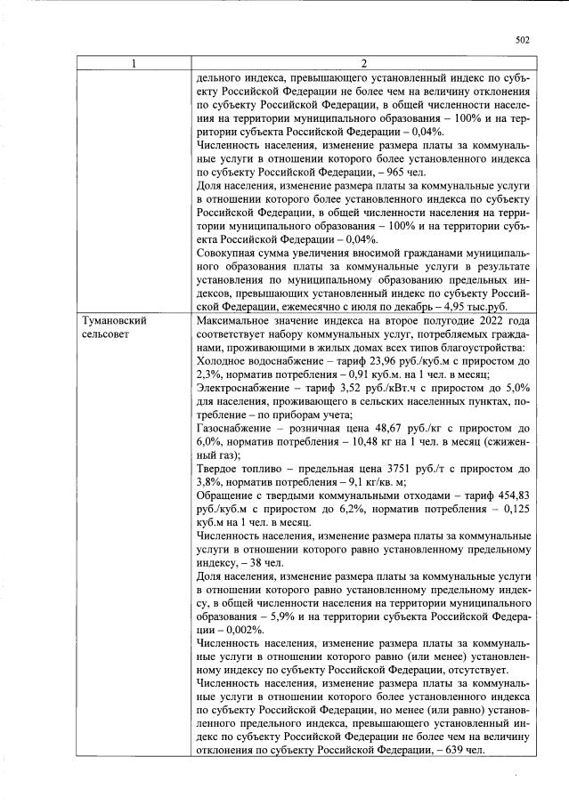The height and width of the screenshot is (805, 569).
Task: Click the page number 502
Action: pyautogui.click(x=523, y=39)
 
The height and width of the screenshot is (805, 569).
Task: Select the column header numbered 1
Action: pyautogui.click(x=134, y=63)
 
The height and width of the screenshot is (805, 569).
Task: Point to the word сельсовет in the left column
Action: pyautogui.click(x=108, y=334)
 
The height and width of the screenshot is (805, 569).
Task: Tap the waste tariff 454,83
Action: pyautogui.click(x=511, y=499)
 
